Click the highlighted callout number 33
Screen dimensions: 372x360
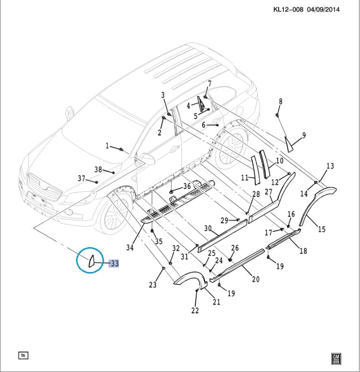coord(114,263)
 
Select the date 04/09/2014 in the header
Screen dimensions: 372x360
coord(324,10)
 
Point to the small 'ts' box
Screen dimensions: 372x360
coord(23,355)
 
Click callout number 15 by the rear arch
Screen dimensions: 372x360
coord(322,230)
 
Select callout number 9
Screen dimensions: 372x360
coord(304,135)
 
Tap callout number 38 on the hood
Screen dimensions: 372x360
coord(98,169)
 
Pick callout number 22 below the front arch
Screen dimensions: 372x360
coord(195,311)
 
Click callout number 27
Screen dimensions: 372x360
coord(269,192)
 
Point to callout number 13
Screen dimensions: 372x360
coord(330,166)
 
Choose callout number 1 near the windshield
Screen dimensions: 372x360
coord(108,145)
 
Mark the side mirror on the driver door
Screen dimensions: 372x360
coord(148,159)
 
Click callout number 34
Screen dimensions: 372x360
coord(130,247)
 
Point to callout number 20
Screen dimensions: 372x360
coord(256,279)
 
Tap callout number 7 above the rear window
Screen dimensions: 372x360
coord(209,84)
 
